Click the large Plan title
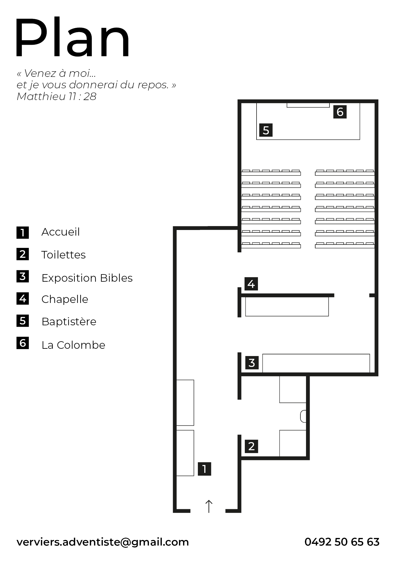pyautogui.click(x=72, y=37)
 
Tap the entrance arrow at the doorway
pyautogui.click(x=209, y=506)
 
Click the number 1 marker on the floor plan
pyautogui.click(x=204, y=469)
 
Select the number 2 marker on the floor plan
pyautogui.click(x=251, y=446)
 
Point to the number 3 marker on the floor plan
pyautogui.click(x=252, y=363)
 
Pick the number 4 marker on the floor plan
pyautogui.click(x=251, y=284)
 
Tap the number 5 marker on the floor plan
pyautogui.click(x=266, y=130)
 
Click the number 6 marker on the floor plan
pyautogui.click(x=340, y=112)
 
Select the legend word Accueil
pyautogui.click(x=61, y=232)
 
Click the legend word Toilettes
pyautogui.click(x=63, y=255)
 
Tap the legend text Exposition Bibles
pyautogui.click(x=87, y=278)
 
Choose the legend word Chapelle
pyautogui.click(x=65, y=299)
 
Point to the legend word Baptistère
pyautogui.click(x=69, y=321)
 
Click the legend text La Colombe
pyautogui.click(x=73, y=345)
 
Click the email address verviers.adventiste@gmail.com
pyautogui.click(x=103, y=542)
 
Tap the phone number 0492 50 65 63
pyautogui.click(x=342, y=542)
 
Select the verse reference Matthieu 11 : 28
pyautogui.click(x=56, y=96)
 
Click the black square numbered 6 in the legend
pyautogui.click(x=23, y=343)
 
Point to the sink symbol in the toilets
pyautogui.click(x=303, y=416)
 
